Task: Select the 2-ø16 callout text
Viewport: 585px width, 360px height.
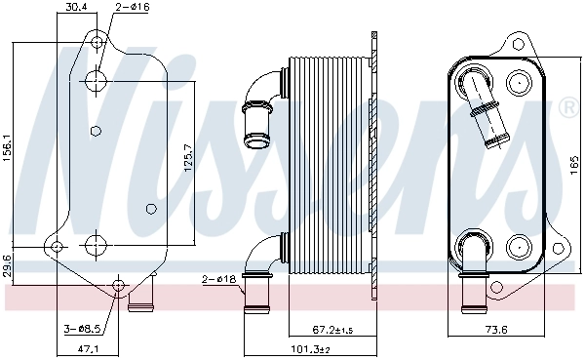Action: pos(133,8)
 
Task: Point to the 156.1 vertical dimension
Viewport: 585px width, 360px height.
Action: pos(8,143)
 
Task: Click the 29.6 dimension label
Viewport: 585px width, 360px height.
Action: pos(8,265)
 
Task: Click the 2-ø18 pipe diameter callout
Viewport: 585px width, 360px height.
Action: pos(221,280)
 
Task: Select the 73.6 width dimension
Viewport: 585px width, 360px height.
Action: pos(498,330)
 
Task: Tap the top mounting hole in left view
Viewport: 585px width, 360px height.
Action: pos(97,41)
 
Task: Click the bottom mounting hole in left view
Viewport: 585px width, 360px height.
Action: pos(119,286)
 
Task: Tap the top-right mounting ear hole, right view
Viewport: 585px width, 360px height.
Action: pos(520,44)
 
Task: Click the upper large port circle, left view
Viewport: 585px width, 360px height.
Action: pos(97,81)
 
